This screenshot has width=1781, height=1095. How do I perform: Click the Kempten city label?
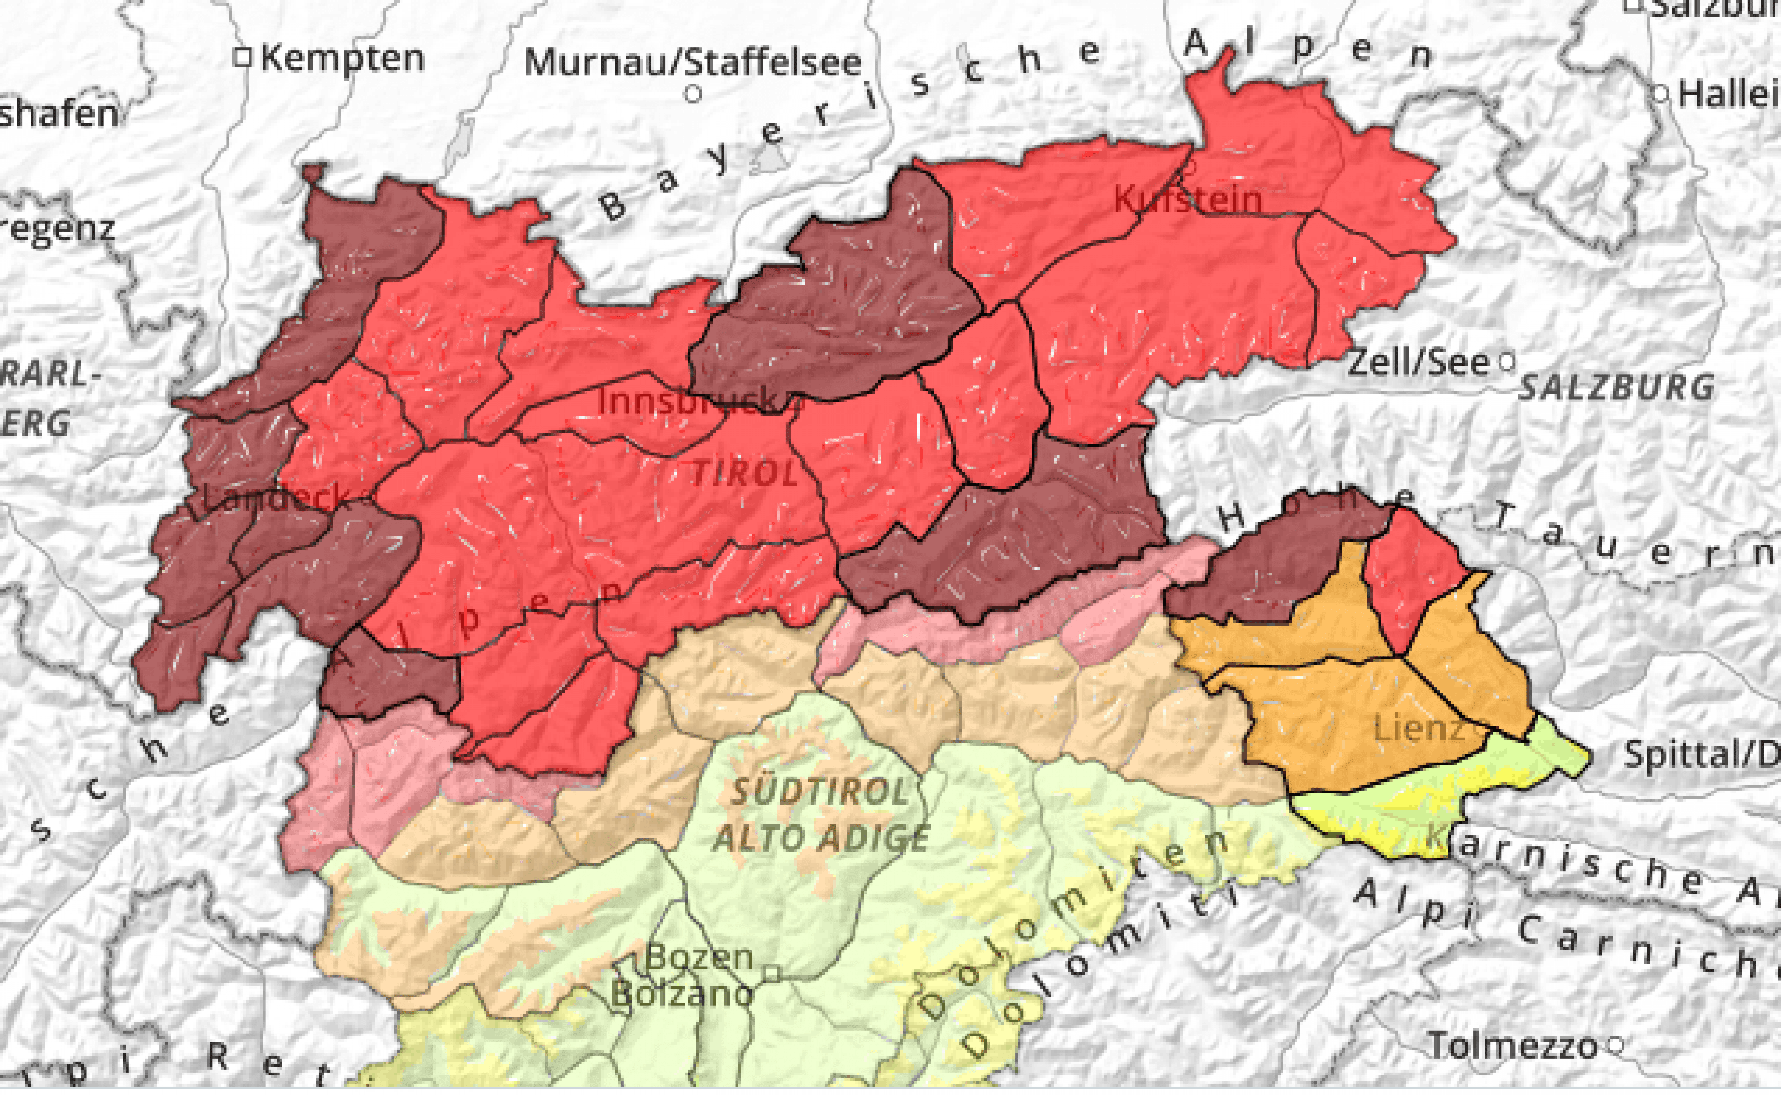pyautogui.click(x=342, y=58)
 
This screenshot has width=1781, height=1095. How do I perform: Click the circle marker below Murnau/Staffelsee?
pyautogui.click(x=693, y=93)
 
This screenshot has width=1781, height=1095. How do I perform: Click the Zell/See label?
pyautogui.click(x=1418, y=361)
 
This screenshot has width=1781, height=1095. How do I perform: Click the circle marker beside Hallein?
pyautogui.click(x=1661, y=93)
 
